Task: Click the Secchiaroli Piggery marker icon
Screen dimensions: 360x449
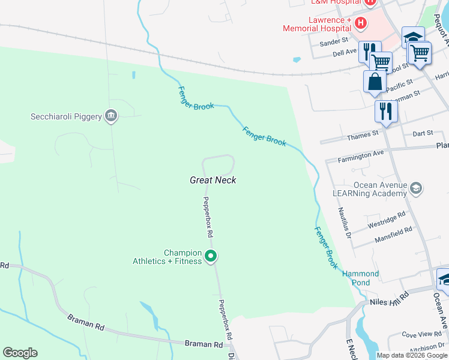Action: point(110,116)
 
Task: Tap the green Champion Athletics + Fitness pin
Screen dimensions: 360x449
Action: point(211,257)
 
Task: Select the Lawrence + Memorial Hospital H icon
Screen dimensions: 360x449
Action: point(361,23)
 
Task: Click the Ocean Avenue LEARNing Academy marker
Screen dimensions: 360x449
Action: point(416,190)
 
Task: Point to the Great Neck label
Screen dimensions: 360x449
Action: point(212,180)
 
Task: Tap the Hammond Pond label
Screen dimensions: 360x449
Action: point(361,278)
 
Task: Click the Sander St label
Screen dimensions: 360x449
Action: point(334,41)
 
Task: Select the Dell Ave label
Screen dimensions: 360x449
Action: point(345,53)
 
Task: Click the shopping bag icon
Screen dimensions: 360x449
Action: point(375,81)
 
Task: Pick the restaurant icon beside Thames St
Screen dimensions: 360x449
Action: point(385,111)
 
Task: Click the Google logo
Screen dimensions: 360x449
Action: point(20,353)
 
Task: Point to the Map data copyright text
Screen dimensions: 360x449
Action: point(412,355)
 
